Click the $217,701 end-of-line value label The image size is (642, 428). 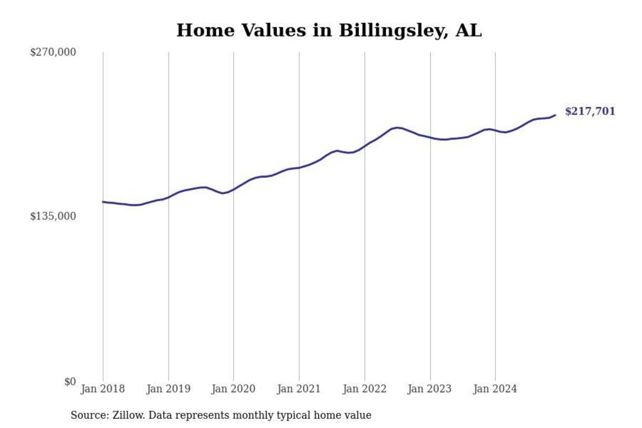(590, 112)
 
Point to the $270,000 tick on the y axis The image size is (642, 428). (53, 52)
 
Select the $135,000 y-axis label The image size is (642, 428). (53, 216)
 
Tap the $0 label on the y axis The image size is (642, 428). (70, 381)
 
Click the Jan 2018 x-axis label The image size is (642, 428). (103, 389)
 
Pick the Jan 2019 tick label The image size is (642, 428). (168, 389)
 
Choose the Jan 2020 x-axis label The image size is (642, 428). (233, 389)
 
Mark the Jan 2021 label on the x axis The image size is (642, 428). (299, 389)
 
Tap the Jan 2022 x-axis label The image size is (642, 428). (364, 389)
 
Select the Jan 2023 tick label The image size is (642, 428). (430, 389)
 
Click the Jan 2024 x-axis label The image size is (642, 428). (495, 389)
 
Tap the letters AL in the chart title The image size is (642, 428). (469, 30)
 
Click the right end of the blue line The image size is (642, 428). (555, 114)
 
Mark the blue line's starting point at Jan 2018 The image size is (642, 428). (103, 202)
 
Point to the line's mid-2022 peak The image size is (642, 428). (396, 127)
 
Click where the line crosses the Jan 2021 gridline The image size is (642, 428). (299, 167)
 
